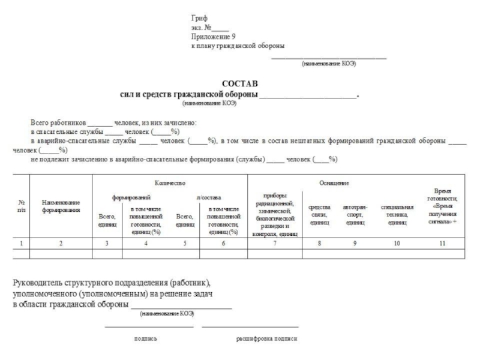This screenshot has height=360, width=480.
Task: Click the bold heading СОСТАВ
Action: click(x=239, y=85)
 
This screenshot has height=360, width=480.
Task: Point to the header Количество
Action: click(x=170, y=182)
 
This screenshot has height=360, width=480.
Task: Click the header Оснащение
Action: click(x=338, y=182)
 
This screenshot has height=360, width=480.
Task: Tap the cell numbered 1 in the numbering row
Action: click(x=22, y=244)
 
